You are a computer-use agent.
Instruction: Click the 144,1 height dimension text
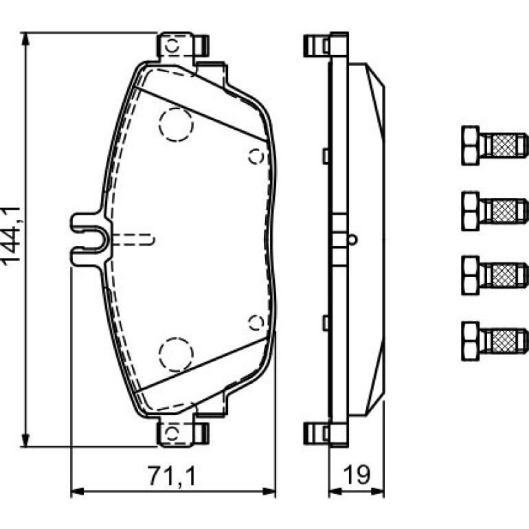coord(11,236)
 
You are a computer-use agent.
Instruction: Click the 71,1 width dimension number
coord(172,475)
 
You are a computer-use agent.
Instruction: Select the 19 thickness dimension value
coord(357,475)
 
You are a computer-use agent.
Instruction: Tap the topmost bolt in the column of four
coord(495,146)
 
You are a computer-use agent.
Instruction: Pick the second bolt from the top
coord(495,211)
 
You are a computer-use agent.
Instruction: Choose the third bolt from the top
coord(495,275)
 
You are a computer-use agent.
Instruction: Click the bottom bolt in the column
coord(495,341)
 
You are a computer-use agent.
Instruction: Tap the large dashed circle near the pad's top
coord(176,124)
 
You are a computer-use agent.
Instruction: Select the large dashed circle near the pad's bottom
coord(176,354)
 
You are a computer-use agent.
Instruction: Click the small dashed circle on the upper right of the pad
coord(256,156)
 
